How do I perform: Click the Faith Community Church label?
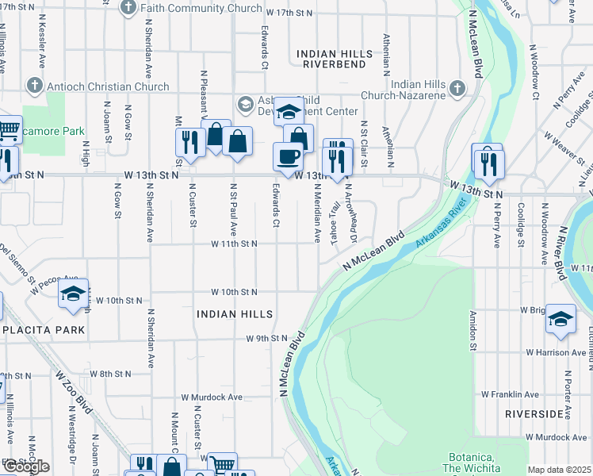coord(201,8)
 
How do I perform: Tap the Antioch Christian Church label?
coord(108,86)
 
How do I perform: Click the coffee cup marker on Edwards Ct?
coord(288,156)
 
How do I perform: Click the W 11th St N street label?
coord(234,244)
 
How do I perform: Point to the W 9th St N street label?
coord(266,339)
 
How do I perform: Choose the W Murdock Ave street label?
coord(212,397)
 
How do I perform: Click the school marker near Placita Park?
coord(73,294)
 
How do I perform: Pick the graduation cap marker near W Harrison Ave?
coord(560,319)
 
